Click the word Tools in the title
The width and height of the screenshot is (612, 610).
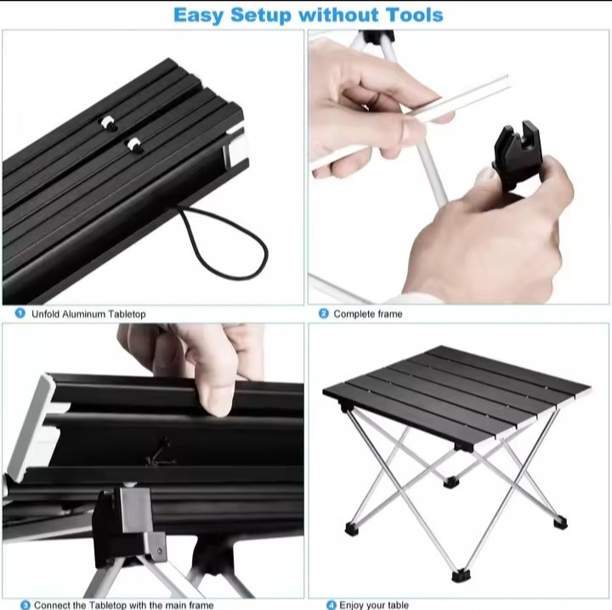coord(415,15)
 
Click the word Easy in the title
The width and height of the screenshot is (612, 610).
coord(198,16)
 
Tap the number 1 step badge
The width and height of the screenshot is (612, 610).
coord(20,313)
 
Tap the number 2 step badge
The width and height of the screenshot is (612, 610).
coord(324,313)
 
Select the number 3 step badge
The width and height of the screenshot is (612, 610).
coord(25,605)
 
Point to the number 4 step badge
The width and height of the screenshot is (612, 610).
coord(331,605)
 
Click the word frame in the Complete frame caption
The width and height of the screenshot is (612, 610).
coord(388,314)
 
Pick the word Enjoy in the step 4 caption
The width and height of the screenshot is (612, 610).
coord(352,605)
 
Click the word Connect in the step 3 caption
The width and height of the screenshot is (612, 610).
coord(50,605)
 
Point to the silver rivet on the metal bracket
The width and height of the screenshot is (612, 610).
coord(159,551)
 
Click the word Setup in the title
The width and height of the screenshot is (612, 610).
coord(261,16)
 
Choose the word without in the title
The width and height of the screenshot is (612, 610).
coord(338,15)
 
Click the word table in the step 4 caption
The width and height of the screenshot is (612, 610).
coord(398,605)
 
